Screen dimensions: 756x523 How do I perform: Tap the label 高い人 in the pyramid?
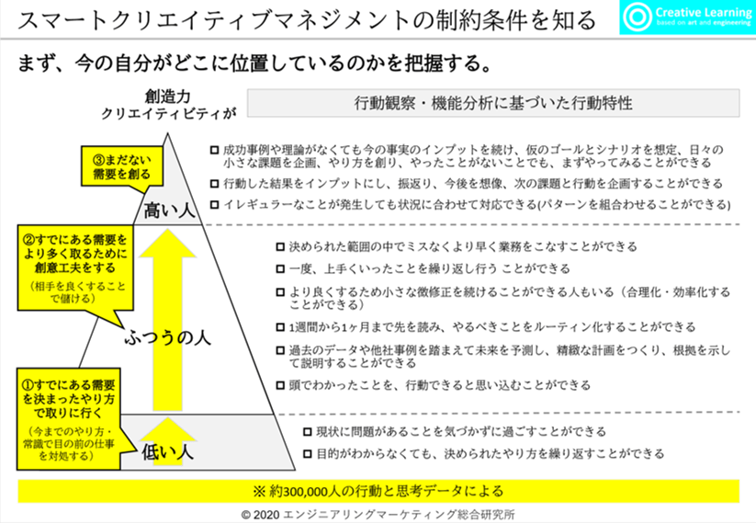(x=171, y=210)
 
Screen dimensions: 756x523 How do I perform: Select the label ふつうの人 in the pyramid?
(x=168, y=337)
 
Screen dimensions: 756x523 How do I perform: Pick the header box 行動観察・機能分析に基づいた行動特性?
(x=493, y=103)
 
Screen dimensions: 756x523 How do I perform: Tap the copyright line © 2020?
(x=378, y=513)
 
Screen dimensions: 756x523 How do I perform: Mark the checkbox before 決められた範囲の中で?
(x=281, y=247)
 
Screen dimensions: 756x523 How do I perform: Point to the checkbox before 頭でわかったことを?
(x=281, y=385)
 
